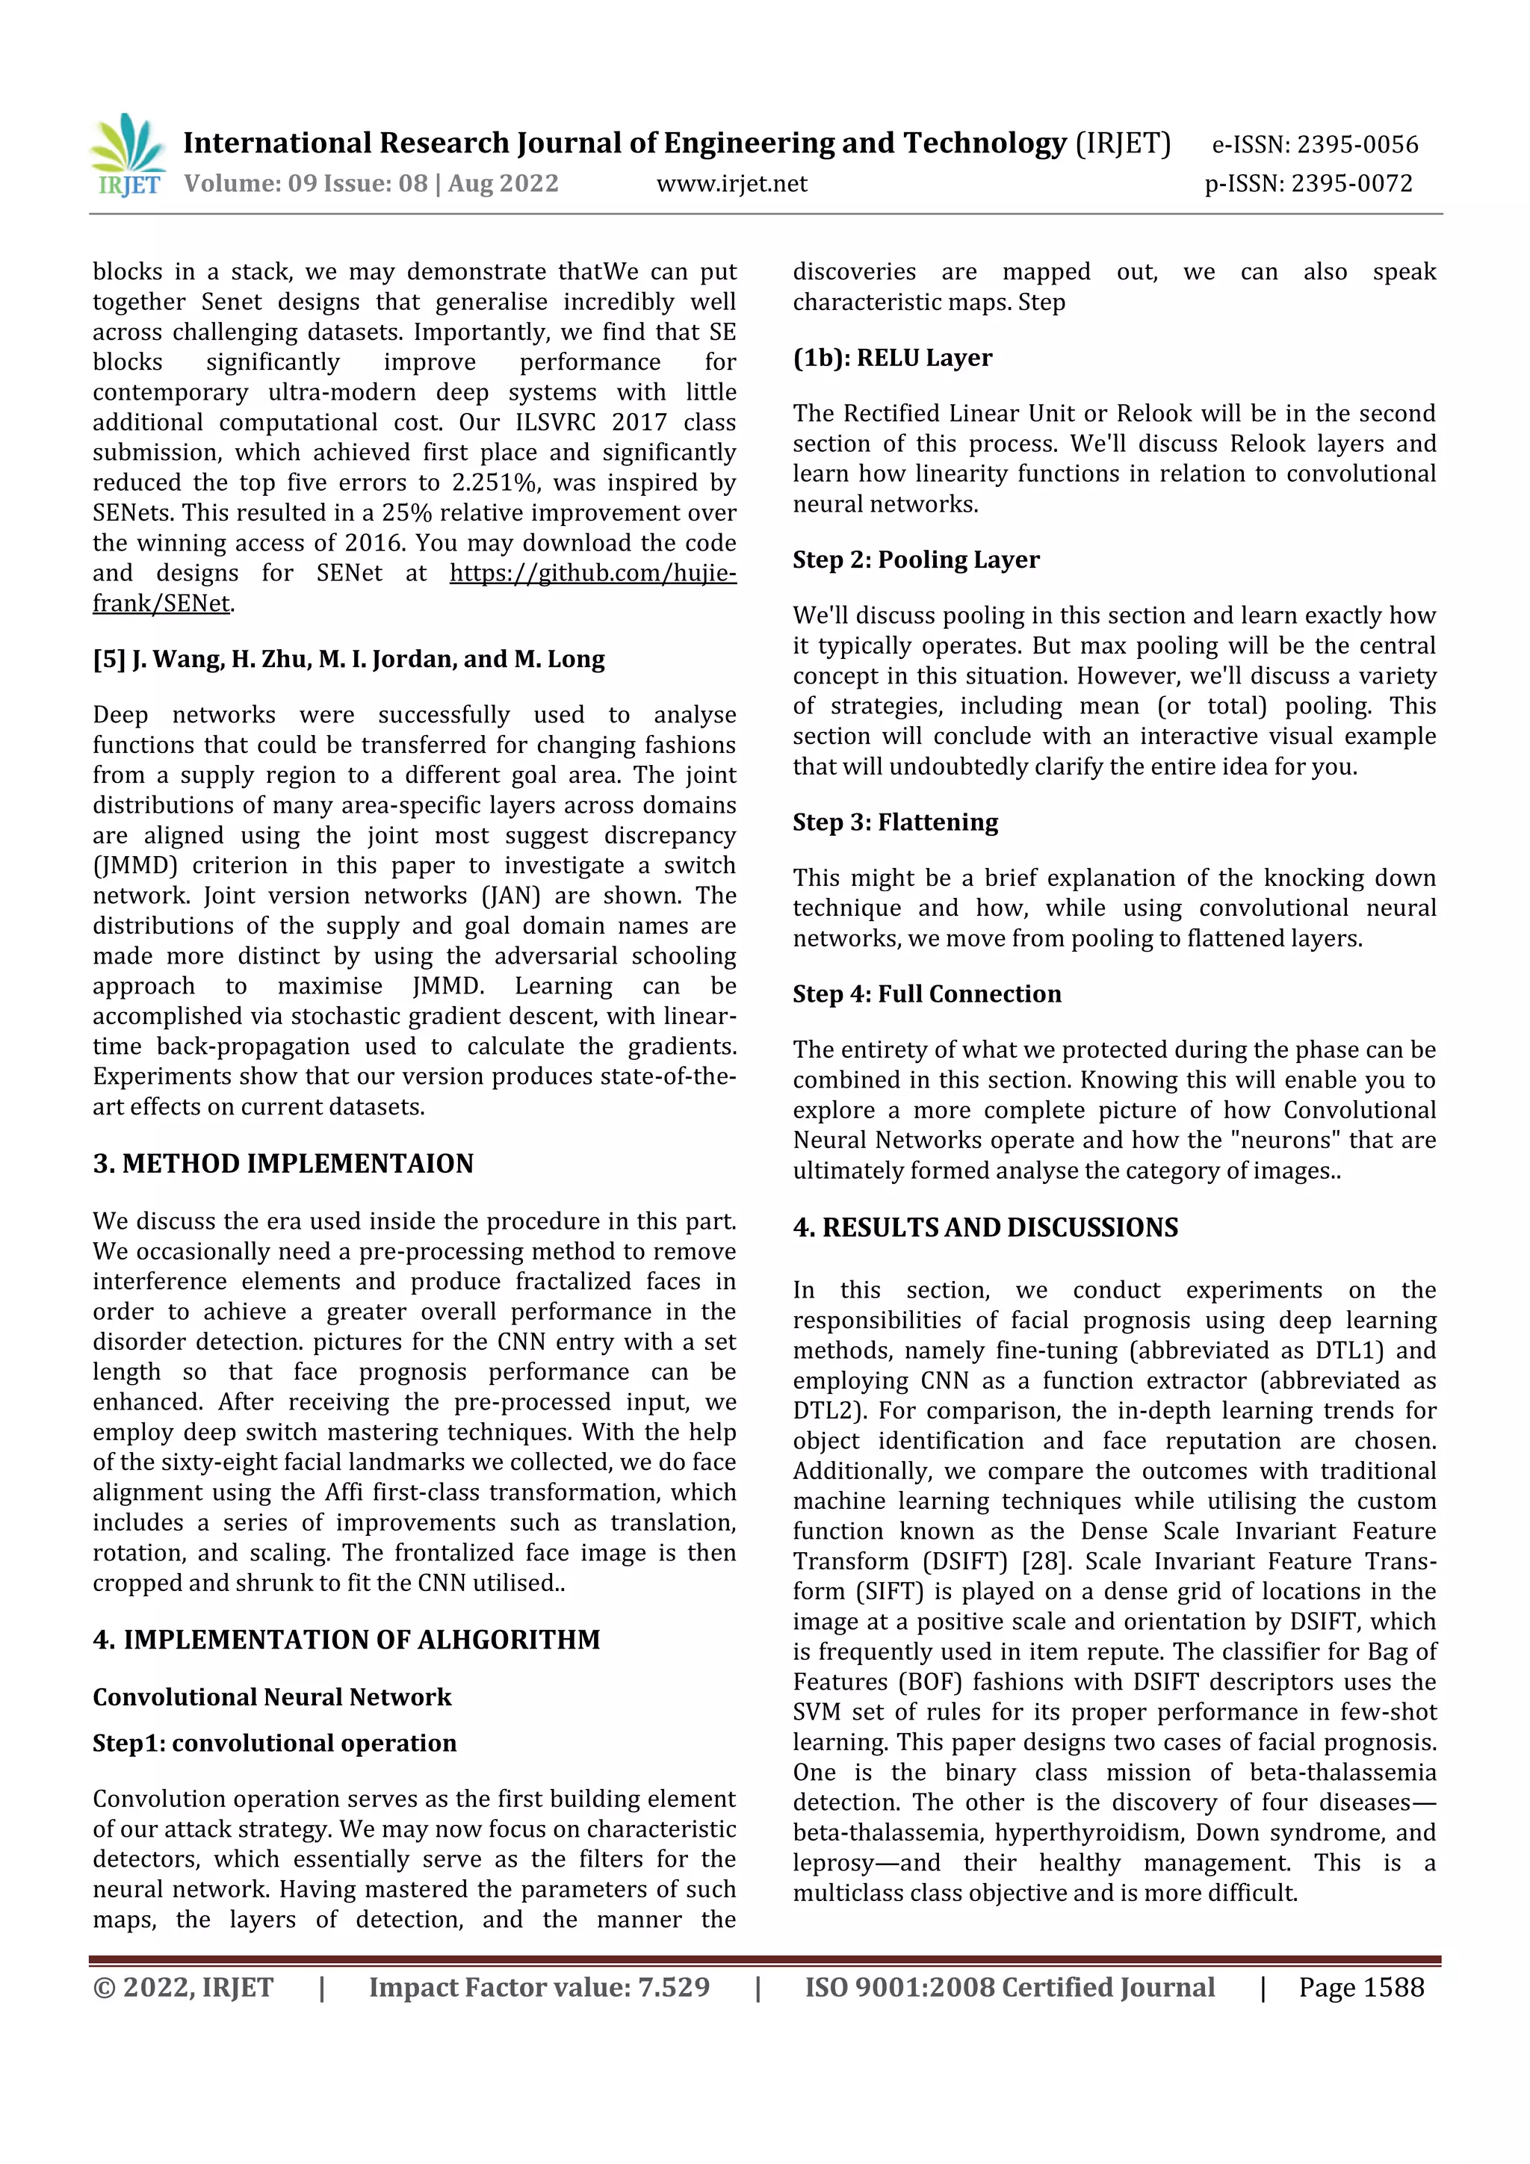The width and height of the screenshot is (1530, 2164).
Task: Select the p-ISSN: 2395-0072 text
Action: pos(1308,183)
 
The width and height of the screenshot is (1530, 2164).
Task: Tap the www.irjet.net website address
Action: pos(731,183)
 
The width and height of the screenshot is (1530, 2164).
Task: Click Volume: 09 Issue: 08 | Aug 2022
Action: pos(371,183)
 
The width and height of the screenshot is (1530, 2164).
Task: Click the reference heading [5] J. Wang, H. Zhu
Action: pos(348,659)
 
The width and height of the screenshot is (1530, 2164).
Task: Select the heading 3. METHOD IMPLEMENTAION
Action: pos(283,1164)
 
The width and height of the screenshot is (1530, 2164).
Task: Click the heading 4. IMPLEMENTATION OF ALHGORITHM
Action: pos(346,1640)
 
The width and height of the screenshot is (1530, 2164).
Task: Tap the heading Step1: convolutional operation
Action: pos(274,1743)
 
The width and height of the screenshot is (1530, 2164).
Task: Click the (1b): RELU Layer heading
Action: pos(892,358)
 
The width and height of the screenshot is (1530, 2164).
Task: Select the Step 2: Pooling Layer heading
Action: pos(915,559)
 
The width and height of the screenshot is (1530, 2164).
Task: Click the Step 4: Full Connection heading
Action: pos(926,994)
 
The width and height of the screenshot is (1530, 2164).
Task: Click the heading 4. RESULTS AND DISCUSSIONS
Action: pos(985,1227)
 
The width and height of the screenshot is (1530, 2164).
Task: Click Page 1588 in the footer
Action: pos(1360,1988)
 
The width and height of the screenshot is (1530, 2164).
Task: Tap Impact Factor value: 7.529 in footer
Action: pos(539,1988)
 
